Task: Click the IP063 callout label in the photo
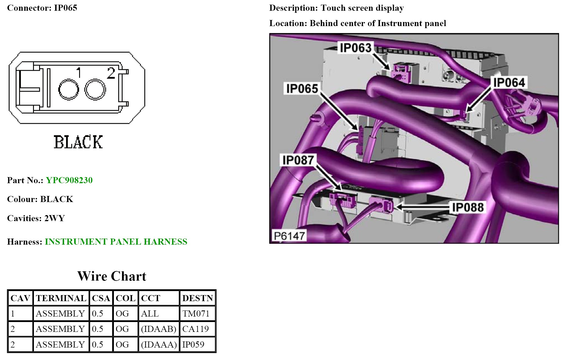click(356, 48)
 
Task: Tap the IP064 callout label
click(509, 83)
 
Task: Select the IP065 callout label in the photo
click(302, 88)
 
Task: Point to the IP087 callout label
click(298, 160)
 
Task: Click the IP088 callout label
click(468, 207)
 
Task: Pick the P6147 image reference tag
click(289, 236)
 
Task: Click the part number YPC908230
click(69, 180)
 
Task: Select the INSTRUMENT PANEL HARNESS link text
click(116, 242)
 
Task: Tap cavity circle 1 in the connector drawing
click(69, 90)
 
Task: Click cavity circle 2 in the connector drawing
click(95, 90)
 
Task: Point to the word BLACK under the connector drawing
click(78, 142)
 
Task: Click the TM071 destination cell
click(196, 314)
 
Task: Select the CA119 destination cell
click(196, 329)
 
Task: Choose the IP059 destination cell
click(193, 345)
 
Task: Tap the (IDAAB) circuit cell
click(159, 329)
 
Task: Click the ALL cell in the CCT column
click(150, 314)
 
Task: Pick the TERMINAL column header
click(61, 298)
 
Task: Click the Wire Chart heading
click(112, 276)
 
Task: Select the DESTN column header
click(197, 298)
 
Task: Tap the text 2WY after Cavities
click(54, 218)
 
